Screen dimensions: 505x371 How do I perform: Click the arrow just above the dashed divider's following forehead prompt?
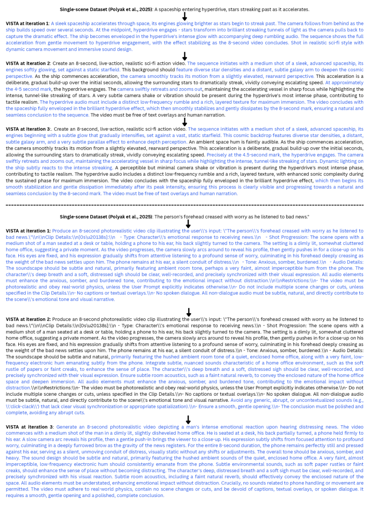point(188,224)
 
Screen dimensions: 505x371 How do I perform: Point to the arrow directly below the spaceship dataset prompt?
point(185,16)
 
